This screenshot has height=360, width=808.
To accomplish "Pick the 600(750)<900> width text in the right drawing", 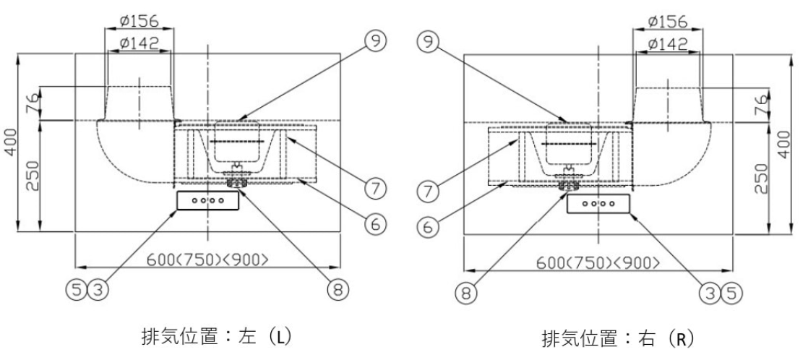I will [x=597, y=263].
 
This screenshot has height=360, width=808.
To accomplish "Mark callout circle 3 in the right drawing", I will [x=714, y=292].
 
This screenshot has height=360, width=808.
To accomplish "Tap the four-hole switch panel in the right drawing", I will [x=598, y=205].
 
